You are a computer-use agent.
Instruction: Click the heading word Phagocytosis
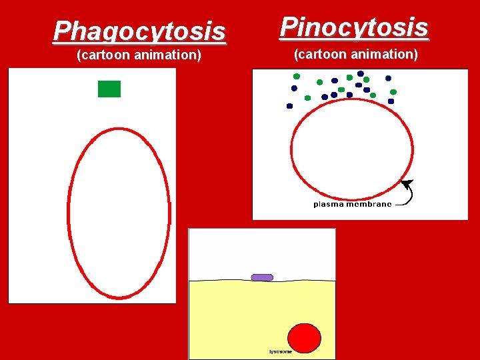[x=139, y=31]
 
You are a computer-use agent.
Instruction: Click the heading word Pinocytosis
[x=354, y=27]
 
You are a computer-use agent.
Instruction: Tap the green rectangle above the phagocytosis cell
[x=109, y=89]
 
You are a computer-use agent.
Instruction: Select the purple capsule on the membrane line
[x=262, y=277]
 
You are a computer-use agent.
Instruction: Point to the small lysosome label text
[x=280, y=351]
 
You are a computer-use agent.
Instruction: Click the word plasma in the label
[x=328, y=204]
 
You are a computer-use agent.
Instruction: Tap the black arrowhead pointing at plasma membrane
[x=407, y=184]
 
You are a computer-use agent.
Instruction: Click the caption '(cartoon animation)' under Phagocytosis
[x=139, y=55]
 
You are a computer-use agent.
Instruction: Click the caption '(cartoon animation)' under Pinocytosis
[x=356, y=54]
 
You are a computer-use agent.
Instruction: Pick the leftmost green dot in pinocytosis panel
[x=297, y=76]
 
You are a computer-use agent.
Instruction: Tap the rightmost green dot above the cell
[x=393, y=92]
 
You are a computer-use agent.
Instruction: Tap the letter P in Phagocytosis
[x=62, y=31]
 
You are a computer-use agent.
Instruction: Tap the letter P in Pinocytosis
[x=289, y=27]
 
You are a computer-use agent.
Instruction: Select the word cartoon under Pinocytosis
[x=323, y=54]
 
